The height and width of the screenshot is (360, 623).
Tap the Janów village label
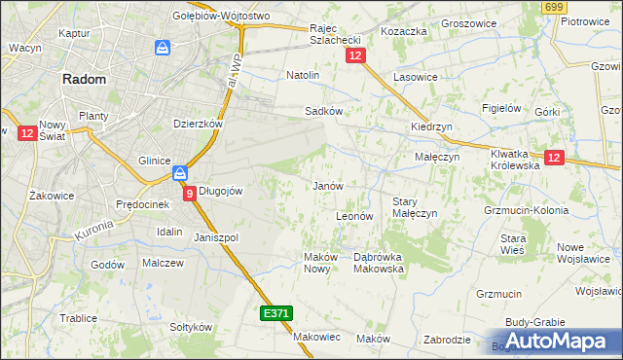pyautogui.click(x=326, y=185)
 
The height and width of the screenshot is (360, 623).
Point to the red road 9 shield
pyautogui.click(x=189, y=194)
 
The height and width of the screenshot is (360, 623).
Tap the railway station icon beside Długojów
pyautogui.click(x=180, y=174)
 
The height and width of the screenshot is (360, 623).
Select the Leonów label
pyautogui.click(x=354, y=215)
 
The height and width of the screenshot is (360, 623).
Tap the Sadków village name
pyautogui.click(x=323, y=111)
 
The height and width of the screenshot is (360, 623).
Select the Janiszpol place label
pyautogui.click(x=216, y=237)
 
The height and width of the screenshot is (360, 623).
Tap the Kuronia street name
pyautogui.click(x=92, y=231)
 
